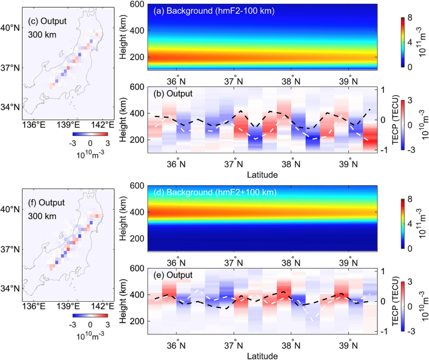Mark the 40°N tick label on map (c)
[x=11, y=28]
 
